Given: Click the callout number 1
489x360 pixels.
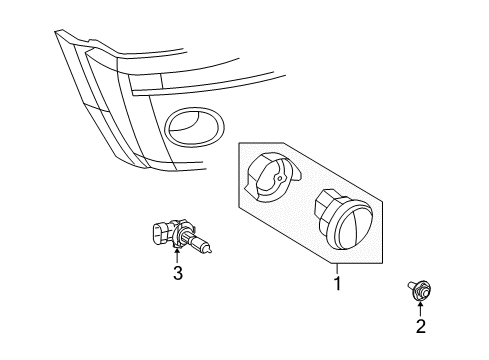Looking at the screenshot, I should click(337, 283).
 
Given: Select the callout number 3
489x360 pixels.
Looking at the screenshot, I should click(177, 272).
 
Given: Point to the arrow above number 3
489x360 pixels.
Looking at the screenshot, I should click(177, 254).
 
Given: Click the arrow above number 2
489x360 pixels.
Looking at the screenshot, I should click(421, 306).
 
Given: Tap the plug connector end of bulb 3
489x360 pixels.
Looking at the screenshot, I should click(157, 234).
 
